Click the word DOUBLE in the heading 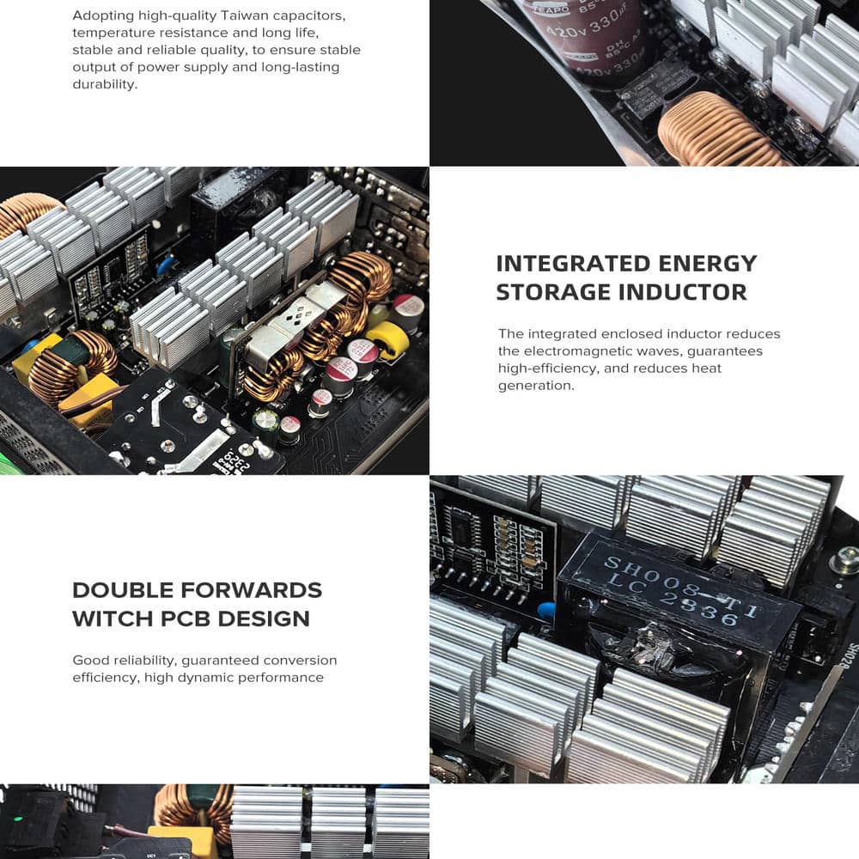point(123,590)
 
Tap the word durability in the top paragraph point(105,84)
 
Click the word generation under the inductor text point(536,386)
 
